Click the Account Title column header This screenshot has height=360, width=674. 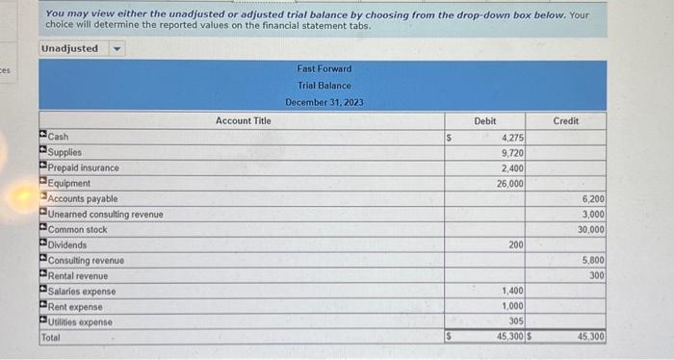pyautogui.click(x=243, y=120)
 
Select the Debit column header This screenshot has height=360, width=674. pyautogui.click(x=485, y=120)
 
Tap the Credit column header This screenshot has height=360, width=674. pyautogui.click(x=566, y=120)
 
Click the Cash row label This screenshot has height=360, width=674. pyautogui.click(x=58, y=137)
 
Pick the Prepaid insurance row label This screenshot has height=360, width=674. pyautogui.click(x=84, y=167)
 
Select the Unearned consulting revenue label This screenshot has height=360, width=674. pyautogui.click(x=106, y=214)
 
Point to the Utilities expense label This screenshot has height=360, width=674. pyautogui.click(x=80, y=321)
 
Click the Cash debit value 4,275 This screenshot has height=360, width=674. pyautogui.click(x=512, y=138)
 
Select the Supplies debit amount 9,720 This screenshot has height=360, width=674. pyautogui.click(x=512, y=153)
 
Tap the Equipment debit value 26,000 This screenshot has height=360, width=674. pyautogui.click(x=509, y=184)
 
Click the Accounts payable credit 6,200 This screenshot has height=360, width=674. pyautogui.click(x=592, y=199)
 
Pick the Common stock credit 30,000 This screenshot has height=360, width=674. pyautogui.click(x=590, y=230)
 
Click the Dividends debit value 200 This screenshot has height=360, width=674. pyautogui.click(x=516, y=245)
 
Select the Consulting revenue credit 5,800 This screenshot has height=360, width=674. pyautogui.click(x=592, y=261)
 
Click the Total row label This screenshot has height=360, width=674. pyautogui.click(x=50, y=337)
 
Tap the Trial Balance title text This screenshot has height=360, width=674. pyautogui.click(x=324, y=86)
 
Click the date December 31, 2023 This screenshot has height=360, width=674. pyautogui.click(x=324, y=102)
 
